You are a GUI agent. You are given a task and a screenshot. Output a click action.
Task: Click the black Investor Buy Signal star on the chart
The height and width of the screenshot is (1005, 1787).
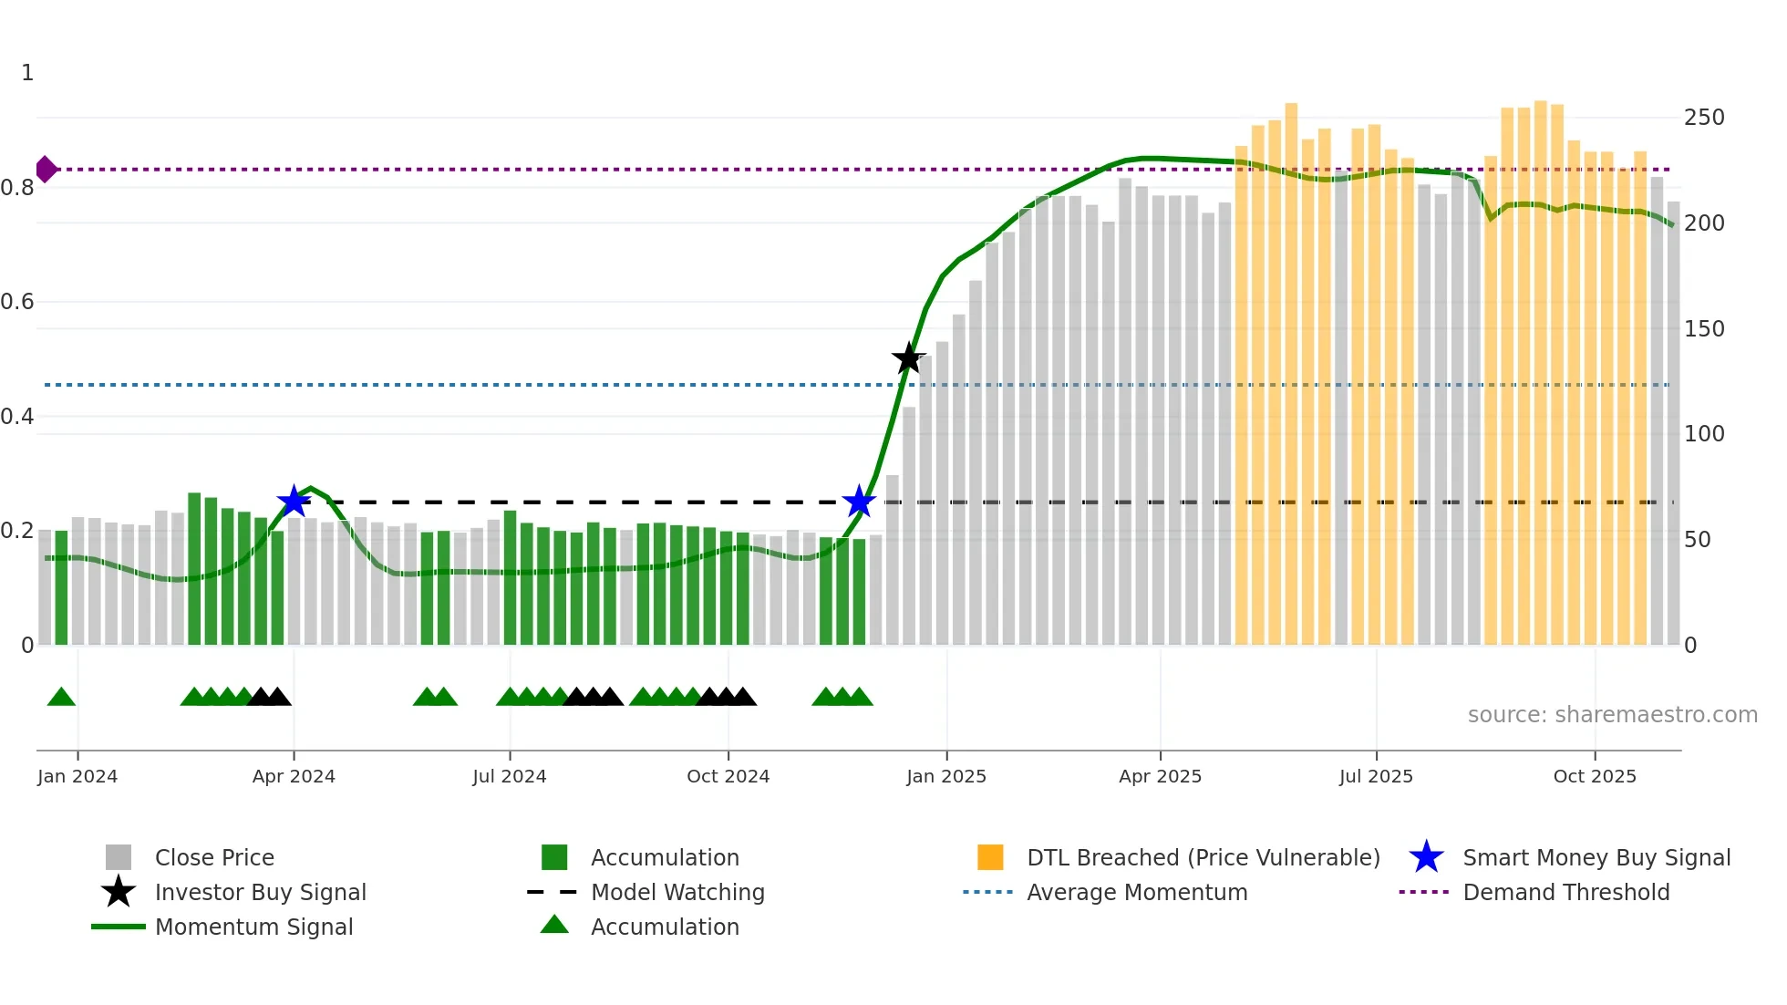(x=908, y=359)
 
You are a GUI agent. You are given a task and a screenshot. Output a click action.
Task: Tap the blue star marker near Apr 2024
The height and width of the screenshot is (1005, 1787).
(x=294, y=501)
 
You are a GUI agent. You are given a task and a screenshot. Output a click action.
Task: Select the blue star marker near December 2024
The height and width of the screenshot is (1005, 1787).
(x=859, y=501)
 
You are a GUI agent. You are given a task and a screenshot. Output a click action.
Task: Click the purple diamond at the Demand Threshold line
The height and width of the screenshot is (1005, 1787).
(x=46, y=170)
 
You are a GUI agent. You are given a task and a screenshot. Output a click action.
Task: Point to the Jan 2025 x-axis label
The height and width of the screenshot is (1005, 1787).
(x=946, y=776)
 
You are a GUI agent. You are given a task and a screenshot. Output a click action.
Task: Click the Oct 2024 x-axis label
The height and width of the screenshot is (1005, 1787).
(x=728, y=776)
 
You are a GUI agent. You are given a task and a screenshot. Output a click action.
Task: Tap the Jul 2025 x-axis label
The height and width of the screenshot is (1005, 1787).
(x=1376, y=776)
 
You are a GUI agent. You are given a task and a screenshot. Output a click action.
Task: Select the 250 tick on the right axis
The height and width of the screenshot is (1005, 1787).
(x=1704, y=118)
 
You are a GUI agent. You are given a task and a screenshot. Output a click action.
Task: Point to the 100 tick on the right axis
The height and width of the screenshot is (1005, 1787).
(x=1704, y=434)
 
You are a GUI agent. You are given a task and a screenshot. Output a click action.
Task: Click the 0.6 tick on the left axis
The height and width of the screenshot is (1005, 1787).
(x=17, y=302)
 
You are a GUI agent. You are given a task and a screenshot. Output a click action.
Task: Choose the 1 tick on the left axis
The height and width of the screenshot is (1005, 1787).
(x=27, y=73)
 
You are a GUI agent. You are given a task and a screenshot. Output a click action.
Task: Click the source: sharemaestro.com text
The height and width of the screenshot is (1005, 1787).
(x=1612, y=715)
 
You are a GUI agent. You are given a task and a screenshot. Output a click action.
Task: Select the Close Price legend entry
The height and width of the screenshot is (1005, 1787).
(x=214, y=857)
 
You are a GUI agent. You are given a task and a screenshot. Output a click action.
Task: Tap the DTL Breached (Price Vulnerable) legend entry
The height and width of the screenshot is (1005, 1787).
(x=1203, y=857)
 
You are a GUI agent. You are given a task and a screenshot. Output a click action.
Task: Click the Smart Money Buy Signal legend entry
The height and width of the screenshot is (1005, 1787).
(x=1596, y=857)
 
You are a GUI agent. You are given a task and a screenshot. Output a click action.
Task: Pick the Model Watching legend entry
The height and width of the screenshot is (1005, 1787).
(x=677, y=892)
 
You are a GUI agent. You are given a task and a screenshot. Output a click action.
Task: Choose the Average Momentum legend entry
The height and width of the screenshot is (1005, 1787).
(x=1136, y=892)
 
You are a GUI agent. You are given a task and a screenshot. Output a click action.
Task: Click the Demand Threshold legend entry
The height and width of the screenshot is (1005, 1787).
(x=1565, y=892)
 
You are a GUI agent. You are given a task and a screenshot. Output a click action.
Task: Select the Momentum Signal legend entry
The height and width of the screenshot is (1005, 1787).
(x=253, y=927)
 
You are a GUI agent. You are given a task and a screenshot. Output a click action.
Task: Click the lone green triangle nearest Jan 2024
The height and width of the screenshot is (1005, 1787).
(x=61, y=698)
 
